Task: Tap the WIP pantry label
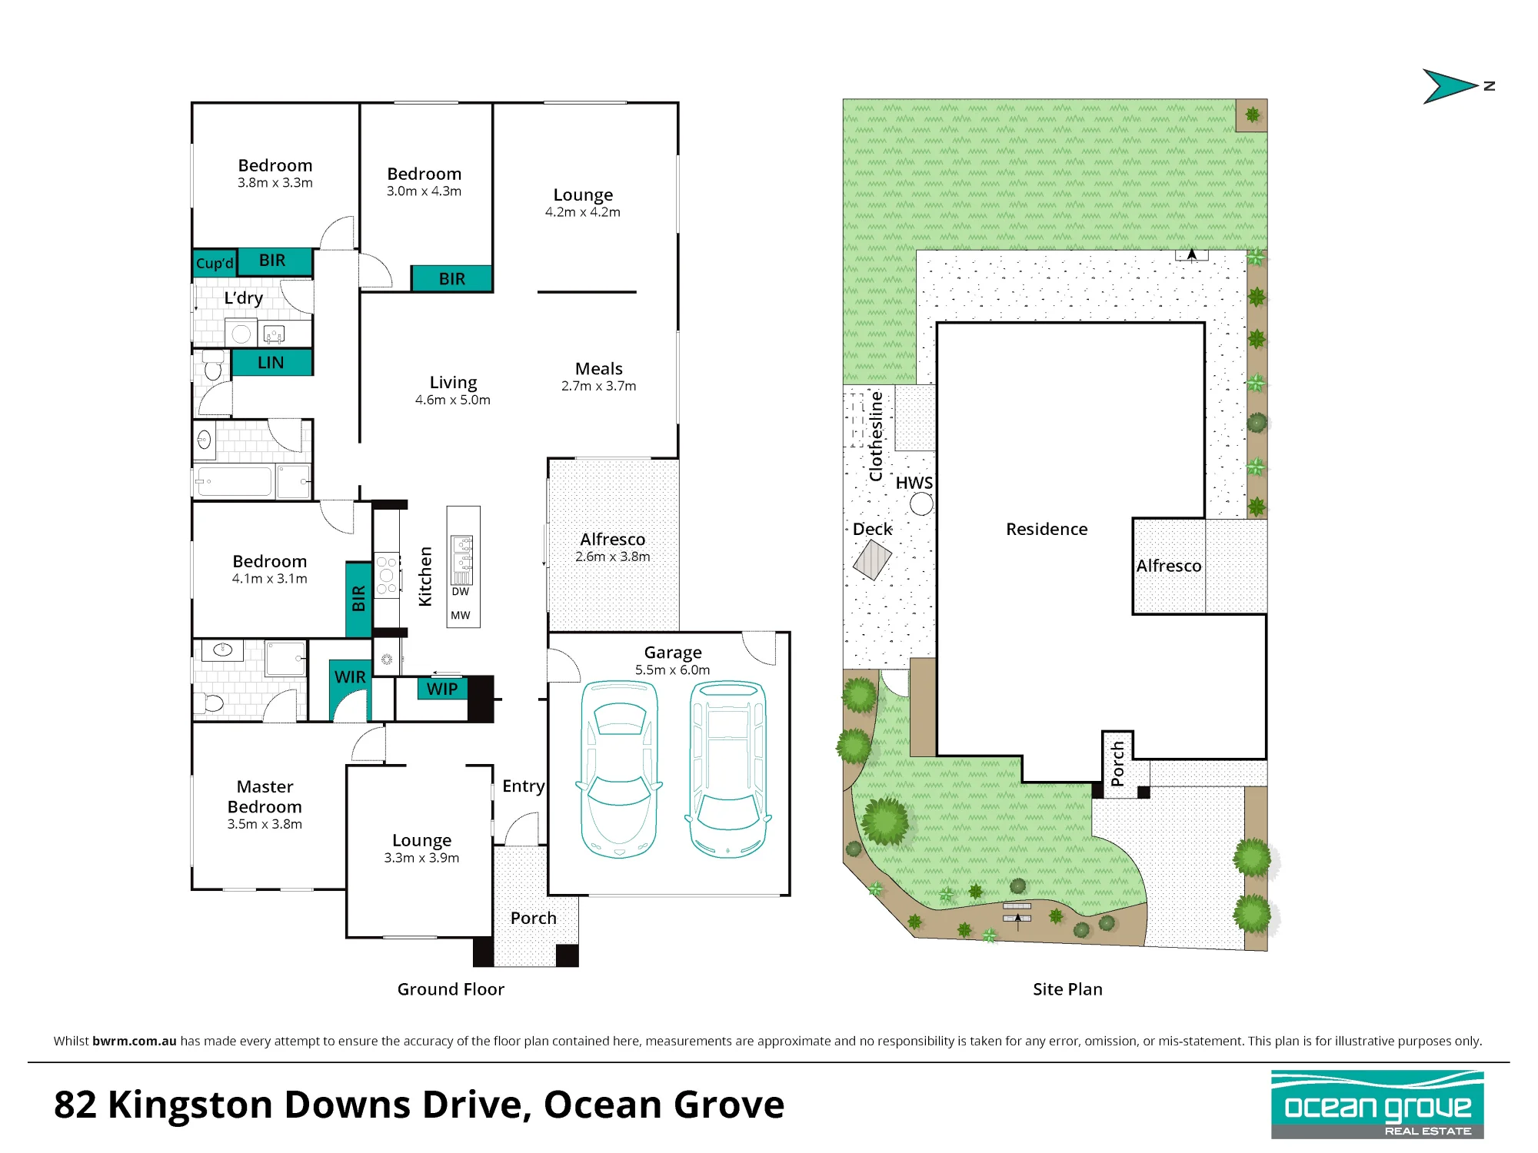coord(442,689)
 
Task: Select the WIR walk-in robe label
coord(350,677)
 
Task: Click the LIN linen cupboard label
coord(271,363)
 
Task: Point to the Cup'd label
coord(215,264)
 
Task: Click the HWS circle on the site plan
coord(921,504)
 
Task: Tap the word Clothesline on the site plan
coord(876,436)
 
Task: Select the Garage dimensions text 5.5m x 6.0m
coord(673,670)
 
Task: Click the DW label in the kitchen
coord(461,592)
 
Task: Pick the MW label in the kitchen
coord(461,616)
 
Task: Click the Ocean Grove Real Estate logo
coord(1377,1105)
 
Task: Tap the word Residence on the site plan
coord(1047,529)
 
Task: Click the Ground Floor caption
coord(451,989)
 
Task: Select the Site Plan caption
coord(1067,989)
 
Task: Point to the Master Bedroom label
coord(265,796)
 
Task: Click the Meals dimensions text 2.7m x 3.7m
coord(599,386)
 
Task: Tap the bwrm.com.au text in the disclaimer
coord(135,1041)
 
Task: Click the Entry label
coord(524,786)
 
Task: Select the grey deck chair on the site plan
coord(872,560)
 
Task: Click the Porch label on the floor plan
coord(533,918)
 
